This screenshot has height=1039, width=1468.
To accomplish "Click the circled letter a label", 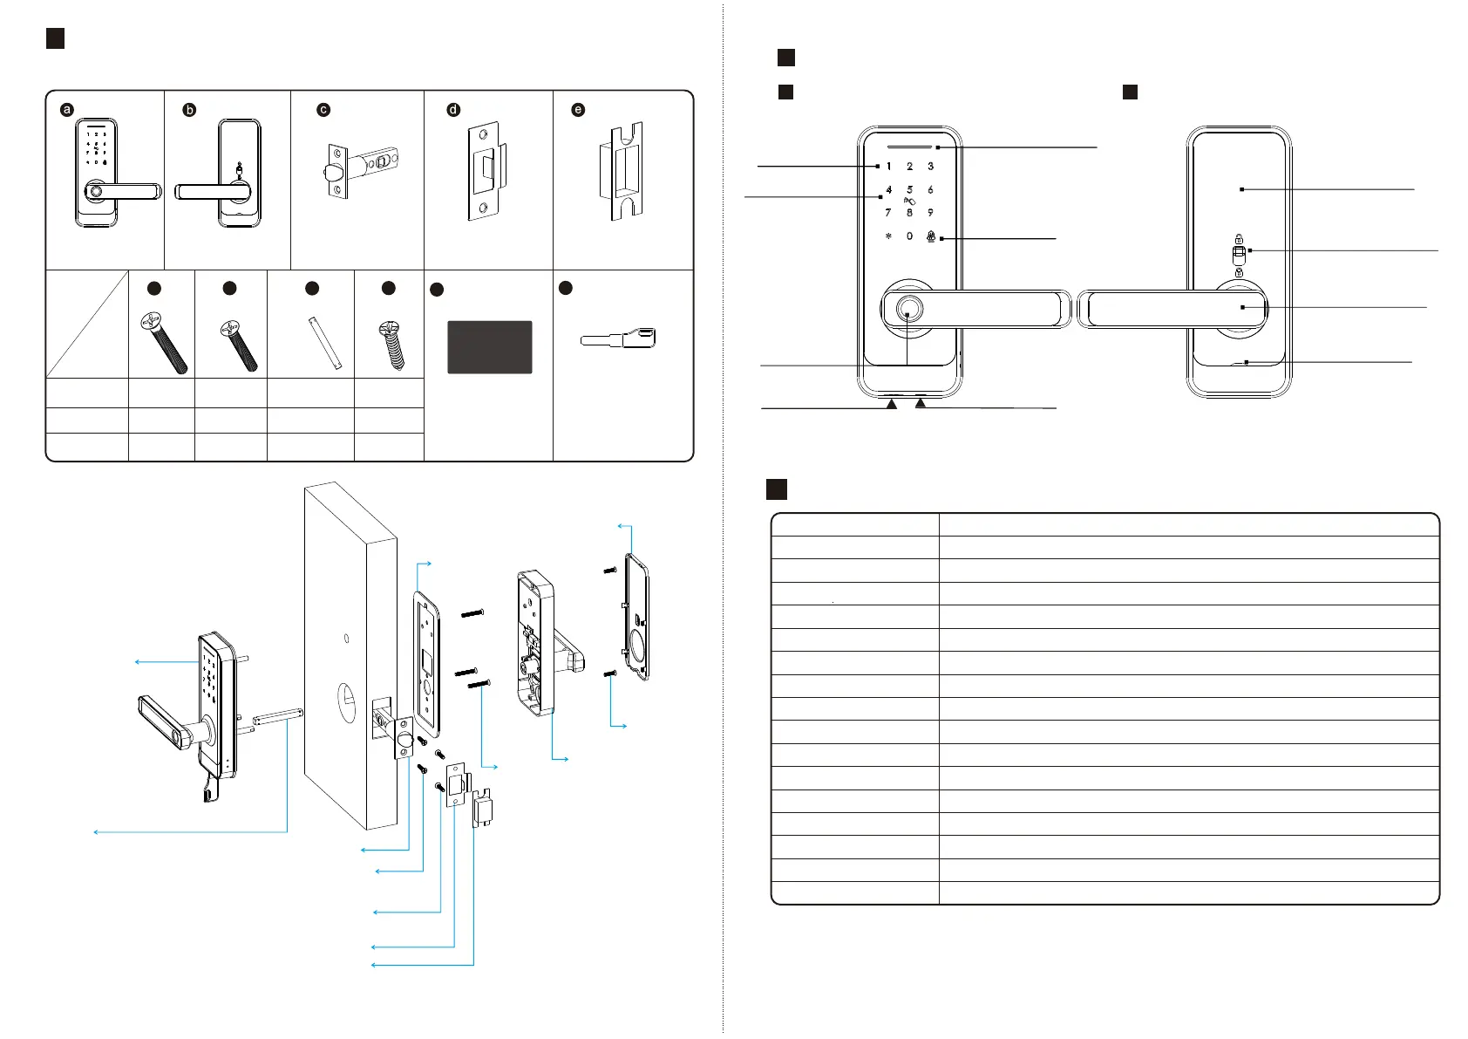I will [x=67, y=110].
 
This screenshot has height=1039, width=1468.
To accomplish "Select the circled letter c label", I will [x=323, y=110].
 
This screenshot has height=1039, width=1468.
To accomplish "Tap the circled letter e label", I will [x=578, y=110].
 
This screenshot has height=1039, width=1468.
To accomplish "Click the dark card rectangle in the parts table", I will [x=489, y=347].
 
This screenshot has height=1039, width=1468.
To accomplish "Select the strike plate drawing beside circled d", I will [x=483, y=171].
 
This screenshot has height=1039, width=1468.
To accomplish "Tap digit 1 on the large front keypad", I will [x=888, y=167].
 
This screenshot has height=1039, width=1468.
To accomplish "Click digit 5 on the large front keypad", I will [x=909, y=189].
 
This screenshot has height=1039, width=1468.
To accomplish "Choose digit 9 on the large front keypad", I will [x=930, y=213].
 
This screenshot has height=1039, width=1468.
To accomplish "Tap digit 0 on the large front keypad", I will [x=909, y=236].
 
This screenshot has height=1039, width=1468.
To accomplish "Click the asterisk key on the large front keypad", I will [x=888, y=236].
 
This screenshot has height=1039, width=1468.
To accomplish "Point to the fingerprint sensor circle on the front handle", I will [x=907, y=310].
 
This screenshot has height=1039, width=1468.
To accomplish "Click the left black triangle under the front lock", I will [x=891, y=404].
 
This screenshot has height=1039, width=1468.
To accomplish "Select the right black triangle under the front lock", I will [x=921, y=404].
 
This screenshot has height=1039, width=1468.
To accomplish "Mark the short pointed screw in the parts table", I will [x=390, y=345].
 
